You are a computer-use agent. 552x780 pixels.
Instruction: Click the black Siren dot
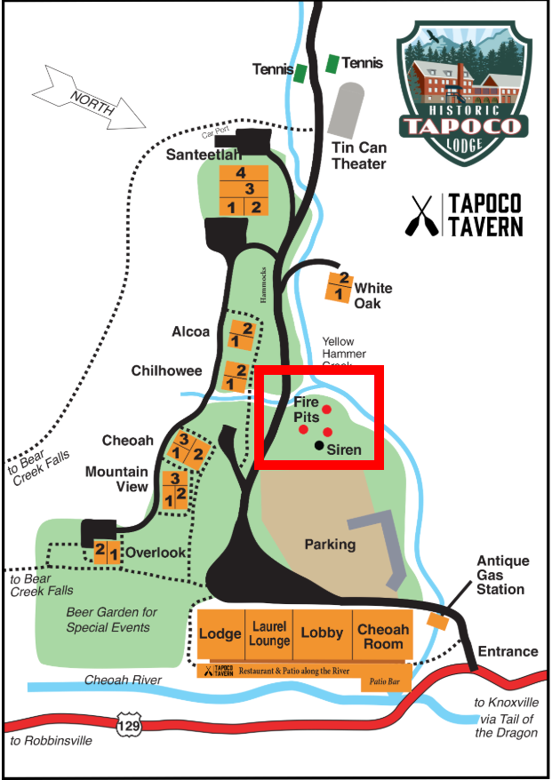tap(319, 445)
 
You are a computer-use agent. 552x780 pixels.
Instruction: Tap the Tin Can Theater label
tap(358, 155)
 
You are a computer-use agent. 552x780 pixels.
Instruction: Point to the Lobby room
tap(322, 633)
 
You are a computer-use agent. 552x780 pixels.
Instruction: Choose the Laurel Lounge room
tap(269, 633)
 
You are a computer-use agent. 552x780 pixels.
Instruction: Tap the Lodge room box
tap(220, 633)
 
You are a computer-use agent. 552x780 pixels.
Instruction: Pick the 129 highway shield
tap(127, 727)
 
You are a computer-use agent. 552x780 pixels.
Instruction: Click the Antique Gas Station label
tap(502, 575)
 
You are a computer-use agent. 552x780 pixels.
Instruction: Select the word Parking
tap(330, 544)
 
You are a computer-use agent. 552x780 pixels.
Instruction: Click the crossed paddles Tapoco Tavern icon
tap(419, 215)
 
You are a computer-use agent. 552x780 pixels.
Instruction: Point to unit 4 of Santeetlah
tap(240, 173)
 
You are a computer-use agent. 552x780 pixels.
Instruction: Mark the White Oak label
tap(372, 296)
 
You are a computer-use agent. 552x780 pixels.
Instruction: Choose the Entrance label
tap(508, 651)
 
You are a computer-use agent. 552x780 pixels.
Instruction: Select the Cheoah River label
tap(123, 681)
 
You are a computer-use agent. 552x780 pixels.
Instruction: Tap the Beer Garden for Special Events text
tap(112, 619)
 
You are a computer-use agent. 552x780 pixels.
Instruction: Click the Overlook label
tap(156, 552)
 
